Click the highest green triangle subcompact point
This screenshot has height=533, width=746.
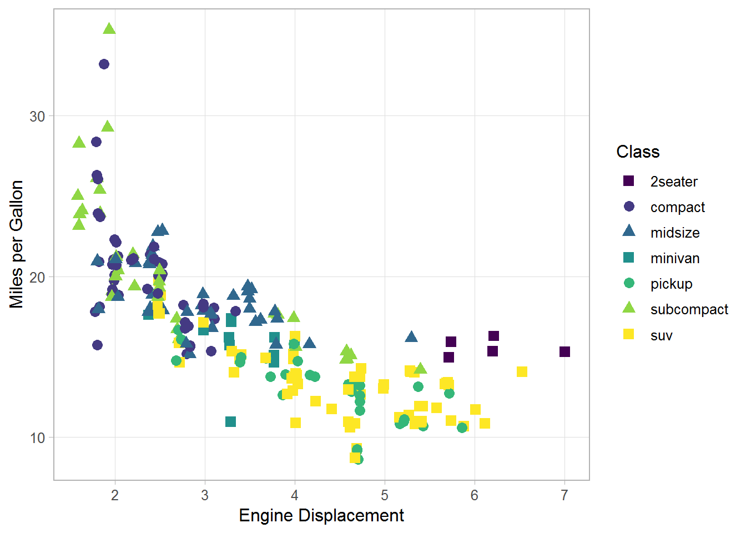pos(109,29)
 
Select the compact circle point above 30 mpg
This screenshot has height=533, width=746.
pos(104,64)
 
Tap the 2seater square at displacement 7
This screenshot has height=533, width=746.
pos(564,351)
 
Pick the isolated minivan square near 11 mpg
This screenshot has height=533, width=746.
pos(230,421)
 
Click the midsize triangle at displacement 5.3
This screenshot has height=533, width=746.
pos(411,337)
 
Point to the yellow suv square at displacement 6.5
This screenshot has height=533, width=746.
pos(522,371)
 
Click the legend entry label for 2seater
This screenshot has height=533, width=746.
pos(674,182)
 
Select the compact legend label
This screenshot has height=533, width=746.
pos(677,207)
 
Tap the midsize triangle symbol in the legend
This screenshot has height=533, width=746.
pos(629,231)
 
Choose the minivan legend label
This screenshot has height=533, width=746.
pos(675,258)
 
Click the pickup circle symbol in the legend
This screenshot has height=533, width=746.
pos(629,283)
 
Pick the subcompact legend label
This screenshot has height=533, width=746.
pos(689,309)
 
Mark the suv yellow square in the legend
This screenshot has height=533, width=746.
pos(629,334)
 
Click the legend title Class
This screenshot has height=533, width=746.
pos(638,152)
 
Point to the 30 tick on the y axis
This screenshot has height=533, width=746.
pos(37,117)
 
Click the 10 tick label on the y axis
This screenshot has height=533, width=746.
pos(37,438)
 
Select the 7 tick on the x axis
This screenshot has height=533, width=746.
pos(564,495)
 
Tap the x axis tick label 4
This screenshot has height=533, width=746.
pos(295,495)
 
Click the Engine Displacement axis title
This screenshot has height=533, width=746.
pos(321,515)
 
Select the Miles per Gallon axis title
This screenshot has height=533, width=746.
pos(17,244)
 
